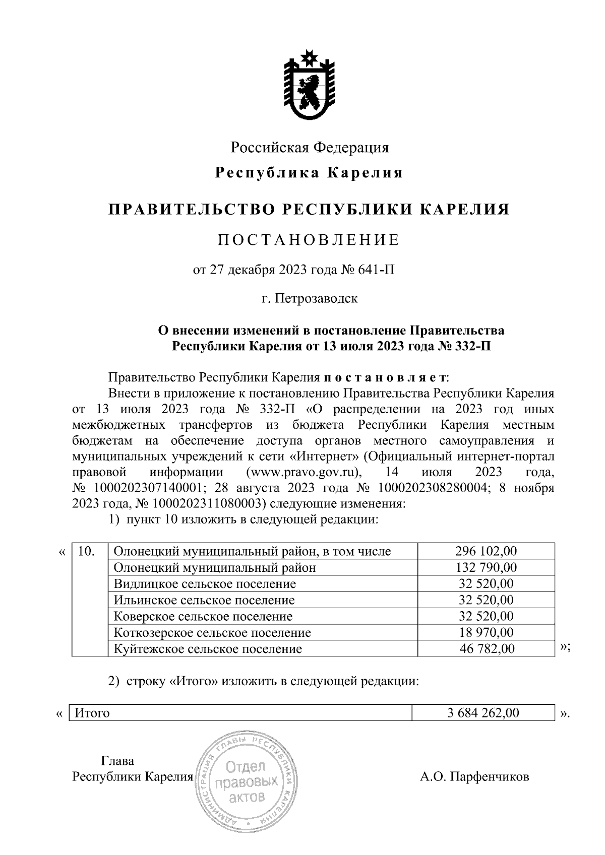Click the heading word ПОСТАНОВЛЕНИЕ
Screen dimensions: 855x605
pyautogui.click(x=309, y=240)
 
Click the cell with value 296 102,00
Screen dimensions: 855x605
pyautogui.click(x=486, y=551)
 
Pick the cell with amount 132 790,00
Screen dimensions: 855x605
pyautogui.click(x=486, y=567)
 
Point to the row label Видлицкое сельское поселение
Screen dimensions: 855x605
pyautogui.click(x=205, y=584)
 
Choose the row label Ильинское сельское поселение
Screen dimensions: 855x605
pyautogui.click(x=204, y=600)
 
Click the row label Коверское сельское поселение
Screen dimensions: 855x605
pyautogui.click(x=203, y=616)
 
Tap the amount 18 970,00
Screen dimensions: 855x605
pyautogui.click(x=486, y=632)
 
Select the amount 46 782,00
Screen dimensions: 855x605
pyautogui.click(x=486, y=648)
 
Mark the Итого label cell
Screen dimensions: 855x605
pyautogui.click(x=92, y=713)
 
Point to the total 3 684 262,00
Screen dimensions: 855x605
pyautogui.click(x=479, y=713)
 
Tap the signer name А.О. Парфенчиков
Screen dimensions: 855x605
pyautogui.click(x=474, y=776)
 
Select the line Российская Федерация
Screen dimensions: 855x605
pyautogui.click(x=310, y=148)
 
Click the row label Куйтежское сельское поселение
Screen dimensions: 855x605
pyautogui.click(x=208, y=648)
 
